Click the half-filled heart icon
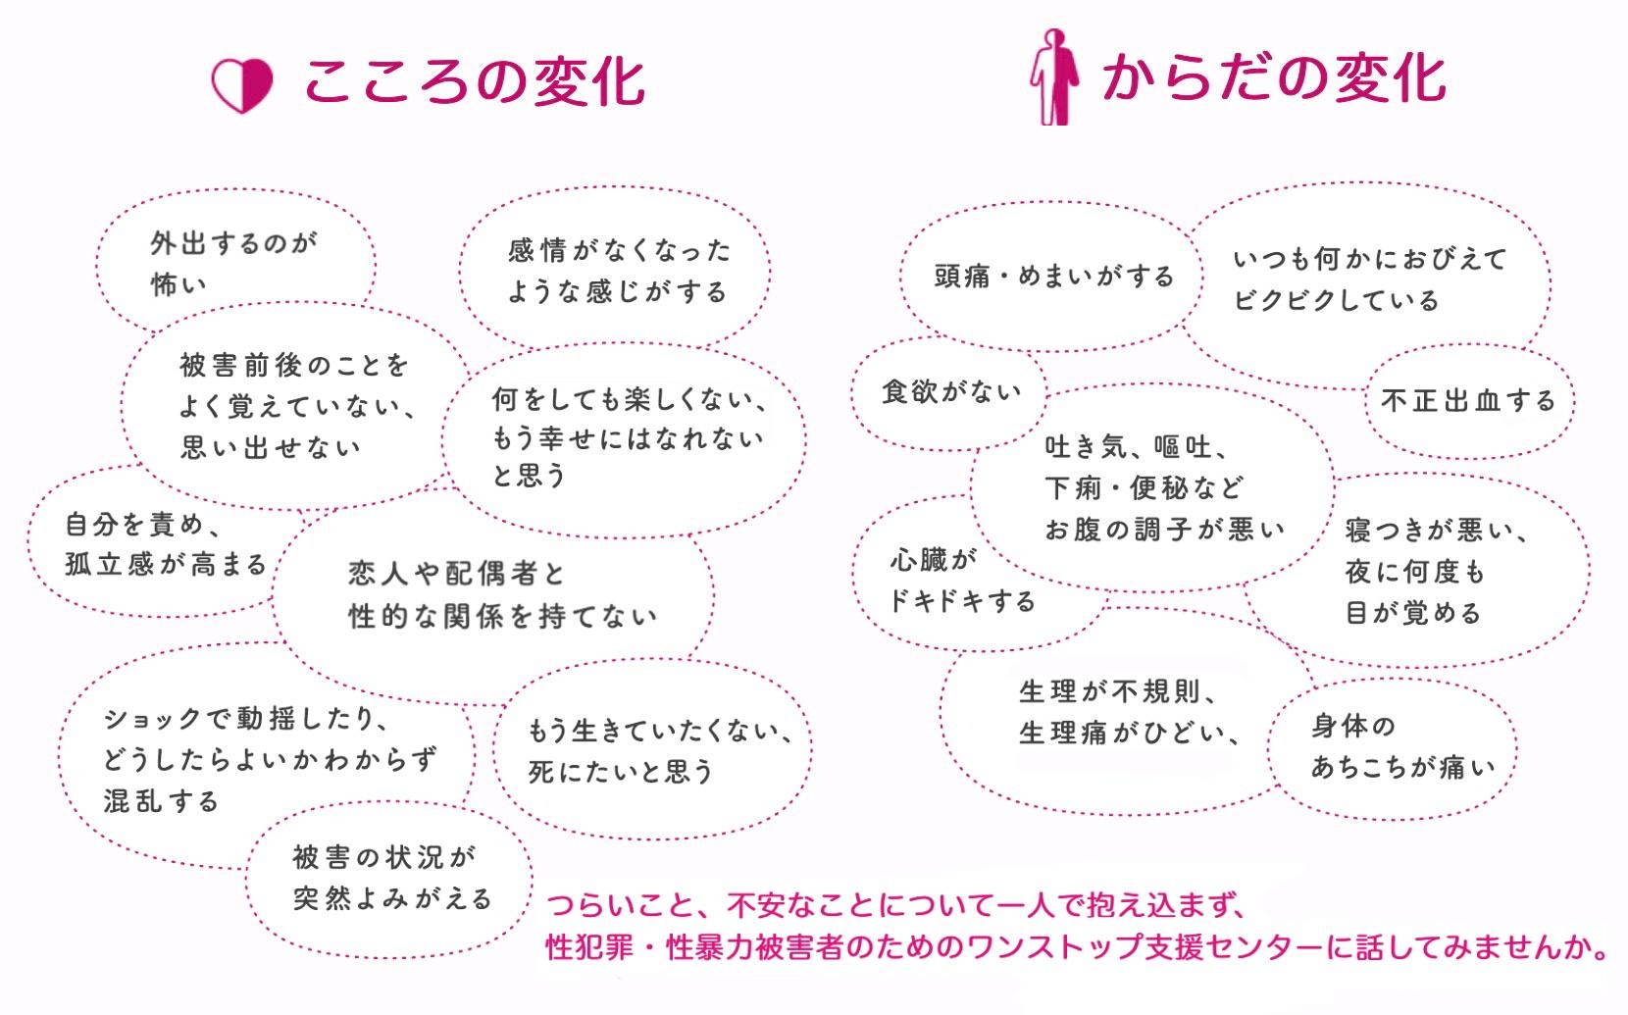241,85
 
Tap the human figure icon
1054,76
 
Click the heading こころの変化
474,80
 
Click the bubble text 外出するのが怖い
233,263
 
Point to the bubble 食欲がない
950,392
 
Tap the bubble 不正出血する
1467,401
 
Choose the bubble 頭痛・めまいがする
1053,277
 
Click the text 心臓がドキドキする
961,580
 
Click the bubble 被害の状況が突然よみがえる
391,879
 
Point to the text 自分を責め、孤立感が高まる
166,544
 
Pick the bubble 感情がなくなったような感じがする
618,272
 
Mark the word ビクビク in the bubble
1285,301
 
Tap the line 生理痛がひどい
1129,733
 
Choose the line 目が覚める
1412,614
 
